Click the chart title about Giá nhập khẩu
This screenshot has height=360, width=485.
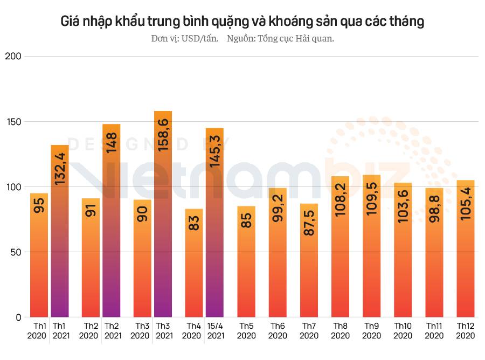(x=242, y=22)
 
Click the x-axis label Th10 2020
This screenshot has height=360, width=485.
(x=403, y=331)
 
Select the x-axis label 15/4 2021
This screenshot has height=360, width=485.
(x=216, y=331)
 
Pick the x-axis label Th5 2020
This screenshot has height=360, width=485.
(x=246, y=331)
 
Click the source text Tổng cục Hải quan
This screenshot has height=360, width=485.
(x=280, y=39)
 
